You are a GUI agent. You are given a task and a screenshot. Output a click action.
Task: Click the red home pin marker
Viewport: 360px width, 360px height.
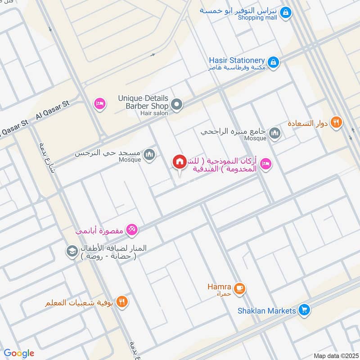click(180, 162)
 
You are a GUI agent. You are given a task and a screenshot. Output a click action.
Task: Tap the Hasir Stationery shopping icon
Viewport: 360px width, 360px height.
click(272, 62)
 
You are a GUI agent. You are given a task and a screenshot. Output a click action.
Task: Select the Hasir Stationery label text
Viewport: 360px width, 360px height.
click(237, 60)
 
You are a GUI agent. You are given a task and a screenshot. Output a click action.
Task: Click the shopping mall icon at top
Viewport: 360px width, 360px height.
click(284, 13)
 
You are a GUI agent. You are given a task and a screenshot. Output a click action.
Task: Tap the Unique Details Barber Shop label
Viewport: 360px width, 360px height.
click(143, 102)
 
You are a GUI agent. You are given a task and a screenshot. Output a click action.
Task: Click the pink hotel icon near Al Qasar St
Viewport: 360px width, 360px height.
click(99, 104)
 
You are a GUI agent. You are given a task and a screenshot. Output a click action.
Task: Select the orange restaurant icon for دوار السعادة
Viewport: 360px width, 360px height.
click(336, 122)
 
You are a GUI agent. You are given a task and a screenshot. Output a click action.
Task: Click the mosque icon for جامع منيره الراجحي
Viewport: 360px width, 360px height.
click(274, 133)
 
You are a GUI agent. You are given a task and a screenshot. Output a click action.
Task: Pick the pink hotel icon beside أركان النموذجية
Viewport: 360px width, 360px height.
click(265, 162)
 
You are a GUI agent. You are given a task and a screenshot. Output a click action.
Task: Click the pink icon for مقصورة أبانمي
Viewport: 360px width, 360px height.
click(132, 230)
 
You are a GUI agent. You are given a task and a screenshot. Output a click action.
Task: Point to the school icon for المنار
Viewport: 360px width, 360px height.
click(72, 252)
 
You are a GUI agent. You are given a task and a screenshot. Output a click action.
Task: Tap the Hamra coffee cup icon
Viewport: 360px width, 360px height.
click(239, 288)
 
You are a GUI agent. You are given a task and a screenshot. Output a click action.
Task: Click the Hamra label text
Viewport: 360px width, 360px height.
click(220, 287)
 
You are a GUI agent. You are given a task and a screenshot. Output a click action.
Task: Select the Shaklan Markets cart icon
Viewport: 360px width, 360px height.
click(305, 310)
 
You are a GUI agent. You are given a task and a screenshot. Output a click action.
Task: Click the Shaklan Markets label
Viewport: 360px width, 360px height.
click(267, 310)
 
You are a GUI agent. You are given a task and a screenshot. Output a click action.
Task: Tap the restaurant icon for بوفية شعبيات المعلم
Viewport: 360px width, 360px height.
click(121, 301)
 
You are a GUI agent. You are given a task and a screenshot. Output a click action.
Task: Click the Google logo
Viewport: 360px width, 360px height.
click(19, 353)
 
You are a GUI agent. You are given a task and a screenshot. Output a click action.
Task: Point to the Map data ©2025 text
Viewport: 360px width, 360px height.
click(335, 355)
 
